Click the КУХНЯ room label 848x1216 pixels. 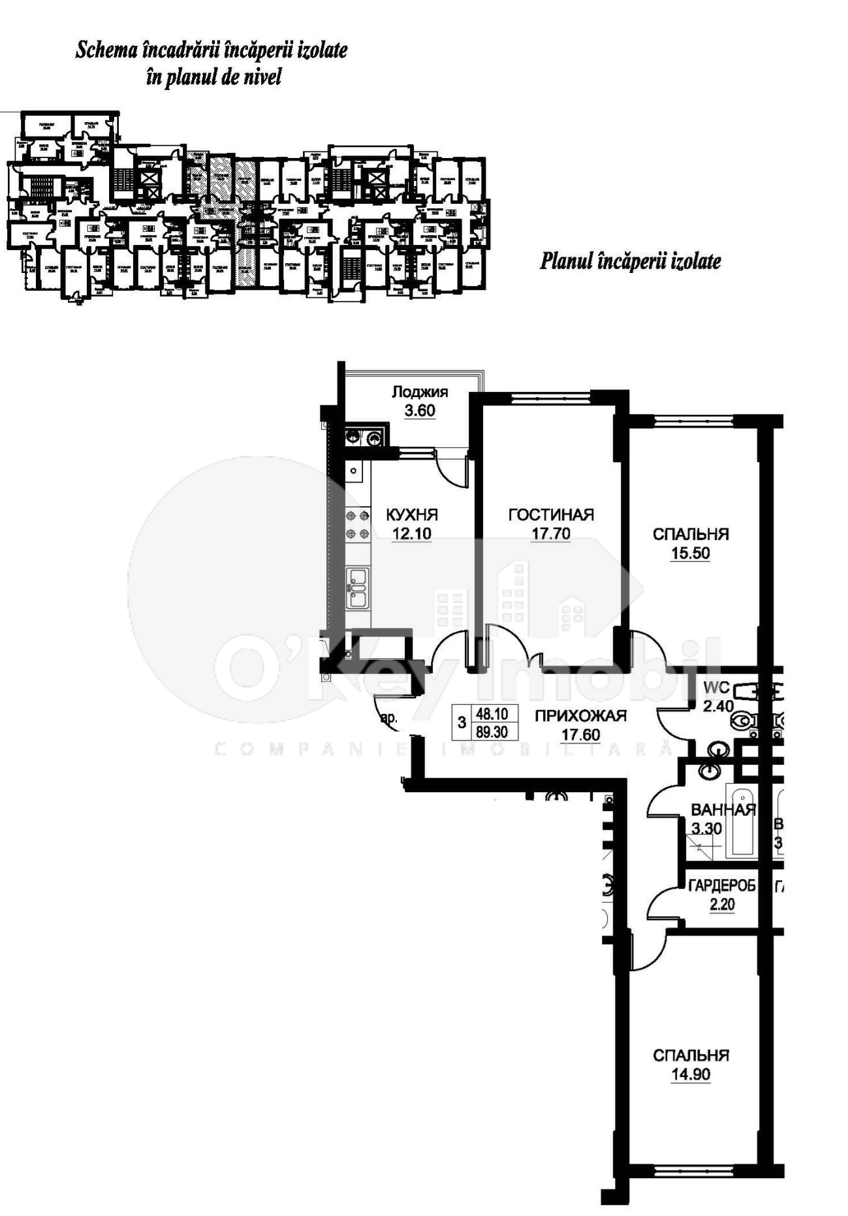pos(412,514)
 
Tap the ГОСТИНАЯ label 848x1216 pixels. pos(551,515)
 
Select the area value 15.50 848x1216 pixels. pos(690,554)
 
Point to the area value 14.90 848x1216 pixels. pos(690,1075)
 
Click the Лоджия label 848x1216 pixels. pos(420,392)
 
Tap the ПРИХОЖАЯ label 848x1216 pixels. pos(580,716)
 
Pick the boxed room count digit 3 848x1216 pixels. pos(462,723)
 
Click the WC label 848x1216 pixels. pos(716,688)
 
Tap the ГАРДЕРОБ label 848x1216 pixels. pos(721,886)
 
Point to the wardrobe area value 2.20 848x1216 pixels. pos(722,905)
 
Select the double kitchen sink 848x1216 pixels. pos(357,587)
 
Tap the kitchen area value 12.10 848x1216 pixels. pos(411,534)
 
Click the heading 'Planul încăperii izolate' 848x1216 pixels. pos(630,261)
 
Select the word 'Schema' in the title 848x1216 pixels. pos(98,50)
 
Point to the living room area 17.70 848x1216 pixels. pos(550,534)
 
